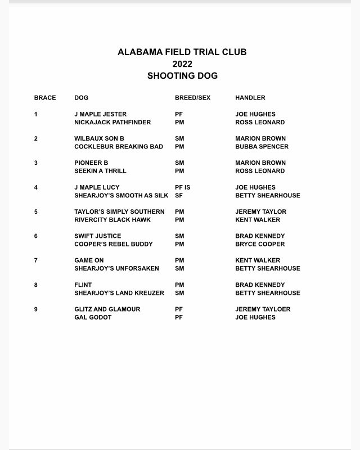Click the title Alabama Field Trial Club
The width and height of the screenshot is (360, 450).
tap(182, 52)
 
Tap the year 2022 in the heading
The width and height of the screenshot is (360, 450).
tap(182, 64)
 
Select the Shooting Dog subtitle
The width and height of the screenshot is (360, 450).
tap(182, 76)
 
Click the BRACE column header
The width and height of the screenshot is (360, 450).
tap(45, 98)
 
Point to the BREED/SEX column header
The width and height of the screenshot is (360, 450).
tap(192, 98)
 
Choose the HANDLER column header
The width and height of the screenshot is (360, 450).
tap(250, 98)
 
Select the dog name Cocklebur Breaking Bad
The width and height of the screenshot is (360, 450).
tap(119, 147)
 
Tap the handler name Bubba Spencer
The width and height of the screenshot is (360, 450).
tap(262, 147)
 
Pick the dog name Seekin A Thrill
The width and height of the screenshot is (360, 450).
tap(100, 171)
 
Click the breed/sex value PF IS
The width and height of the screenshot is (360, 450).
tap(183, 187)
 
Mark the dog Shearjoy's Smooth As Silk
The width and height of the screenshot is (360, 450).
tap(121, 196)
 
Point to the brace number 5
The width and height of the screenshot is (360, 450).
tap(36, 212)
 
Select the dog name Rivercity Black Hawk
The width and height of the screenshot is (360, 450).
tap(112, 220)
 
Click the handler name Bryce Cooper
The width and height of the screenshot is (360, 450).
tap(260, 244)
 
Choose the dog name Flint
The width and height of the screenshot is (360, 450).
tap(83, 285)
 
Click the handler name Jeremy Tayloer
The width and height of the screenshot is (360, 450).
tap(263, 309)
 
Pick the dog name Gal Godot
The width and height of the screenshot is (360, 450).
tap(93, 317)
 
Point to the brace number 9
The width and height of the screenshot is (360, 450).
tap(36, 309)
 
